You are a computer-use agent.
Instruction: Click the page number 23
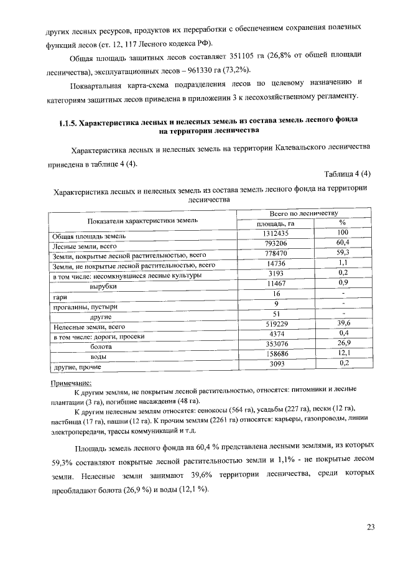371,528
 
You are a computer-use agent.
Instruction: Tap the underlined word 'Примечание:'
70,383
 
